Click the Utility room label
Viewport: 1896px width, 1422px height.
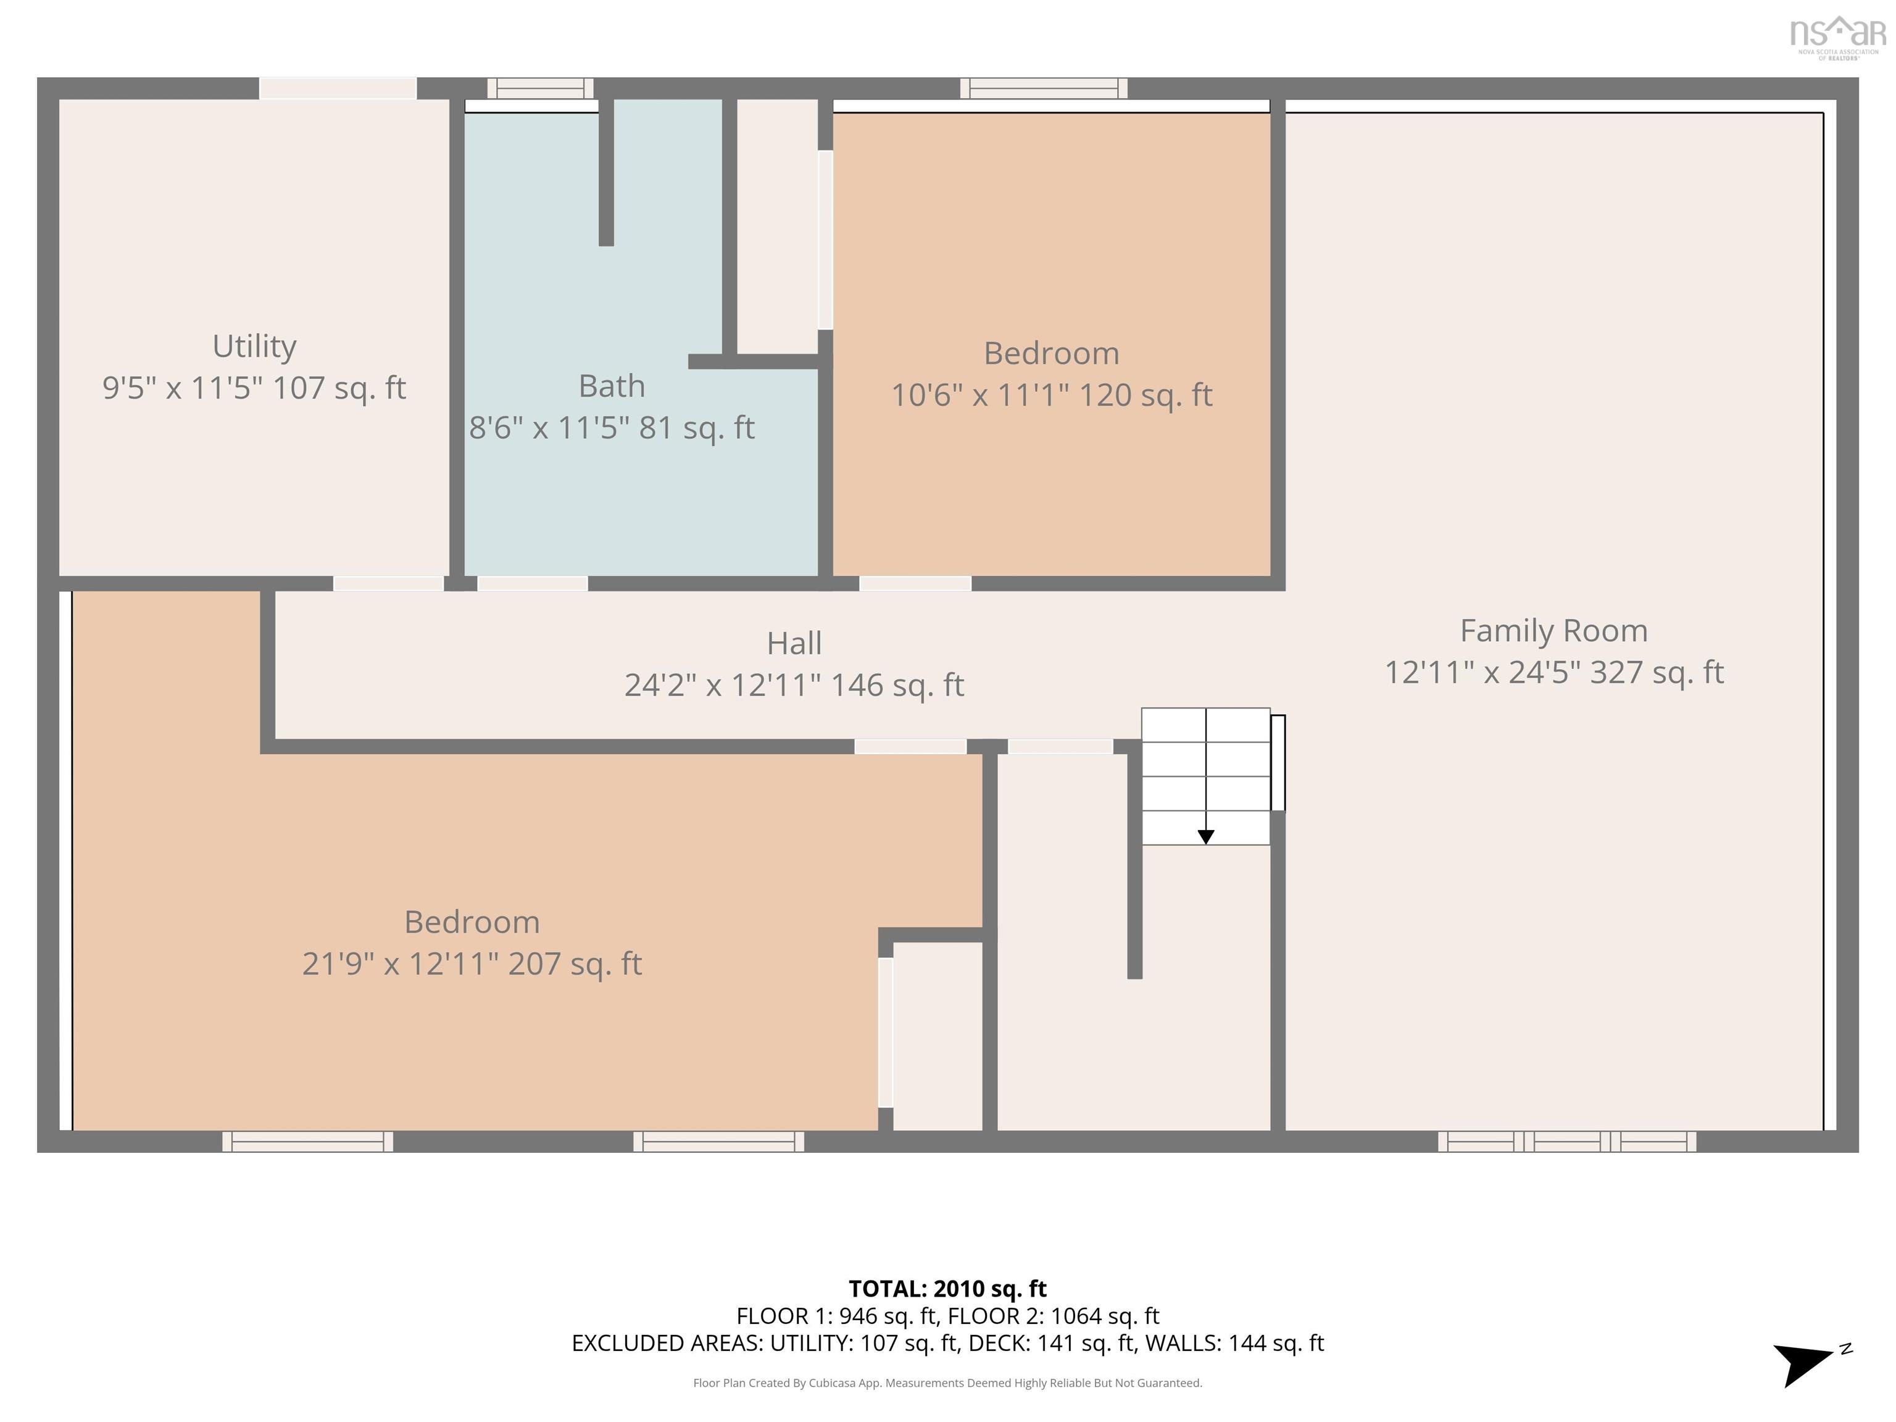254,346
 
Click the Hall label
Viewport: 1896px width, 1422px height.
794,644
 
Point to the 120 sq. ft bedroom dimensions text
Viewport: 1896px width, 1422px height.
1051,395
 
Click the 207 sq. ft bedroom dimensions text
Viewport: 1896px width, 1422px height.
472,963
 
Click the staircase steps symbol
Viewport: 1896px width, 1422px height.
1205,776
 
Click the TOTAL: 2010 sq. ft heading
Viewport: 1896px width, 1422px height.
947,1288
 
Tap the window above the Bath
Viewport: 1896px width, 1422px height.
540,88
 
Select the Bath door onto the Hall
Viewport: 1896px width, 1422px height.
532,584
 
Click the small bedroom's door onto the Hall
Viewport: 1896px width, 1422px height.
915,584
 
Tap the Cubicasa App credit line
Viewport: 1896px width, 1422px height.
947,1382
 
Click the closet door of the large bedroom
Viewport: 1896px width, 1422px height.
886,1032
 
